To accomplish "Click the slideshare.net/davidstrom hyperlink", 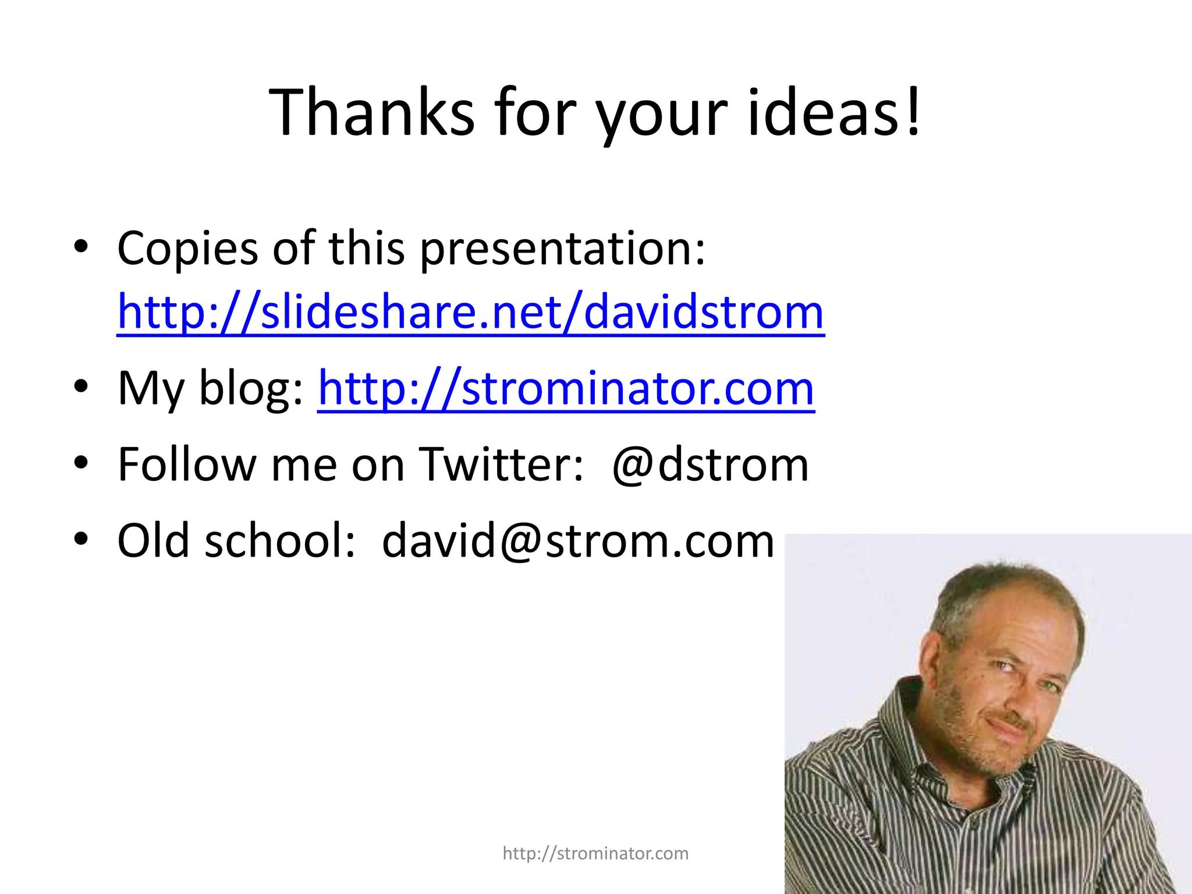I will pos(470,313).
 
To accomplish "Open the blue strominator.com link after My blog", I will pos(566,389).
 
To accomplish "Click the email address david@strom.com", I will pos(577,541).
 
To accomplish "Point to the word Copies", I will pos(187,249).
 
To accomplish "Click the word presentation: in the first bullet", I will pos(562,249).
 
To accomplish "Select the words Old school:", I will pos(236,541).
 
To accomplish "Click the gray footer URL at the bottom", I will pos(595,853).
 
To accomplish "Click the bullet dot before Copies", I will pos(81,247).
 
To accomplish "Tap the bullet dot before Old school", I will pos(81,538).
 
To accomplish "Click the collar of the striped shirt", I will pos(908,751).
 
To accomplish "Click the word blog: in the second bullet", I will pos(250,389).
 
